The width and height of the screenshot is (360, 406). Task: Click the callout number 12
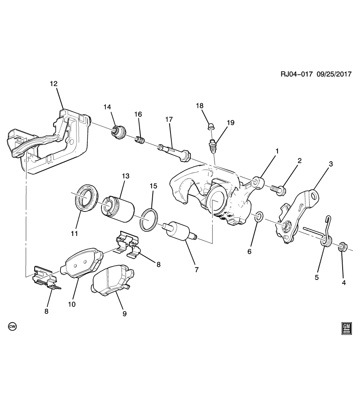53,83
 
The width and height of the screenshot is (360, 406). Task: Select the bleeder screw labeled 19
213,145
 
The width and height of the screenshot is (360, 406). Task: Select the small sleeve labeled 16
139,140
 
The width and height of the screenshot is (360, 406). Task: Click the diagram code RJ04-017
296,74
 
